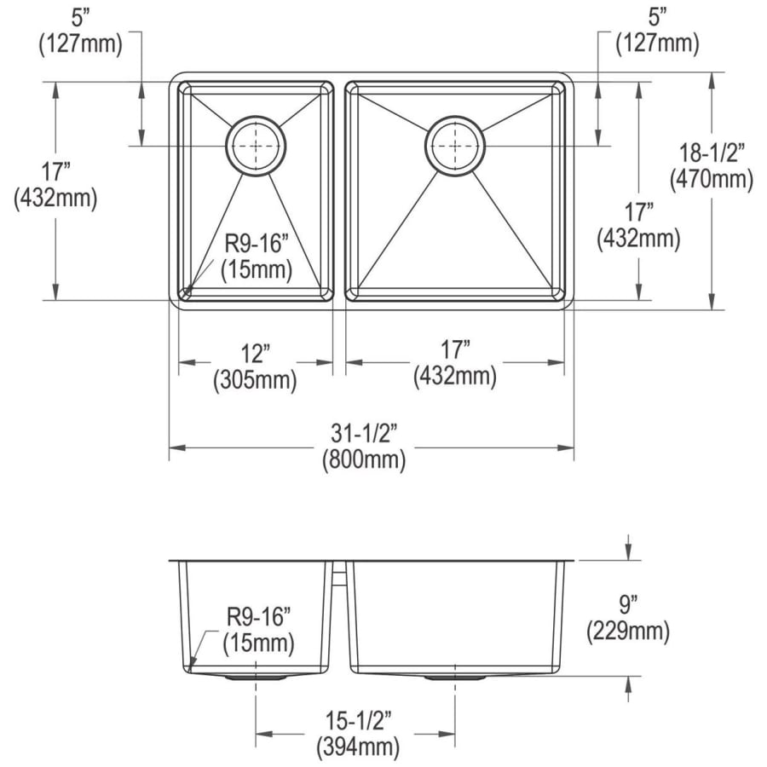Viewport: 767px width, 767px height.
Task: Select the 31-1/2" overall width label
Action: (364, 434)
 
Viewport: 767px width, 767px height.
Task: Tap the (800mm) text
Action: (364, 460)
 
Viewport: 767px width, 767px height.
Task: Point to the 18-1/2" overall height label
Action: (712, 153)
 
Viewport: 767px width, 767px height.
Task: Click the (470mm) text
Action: (712, 179)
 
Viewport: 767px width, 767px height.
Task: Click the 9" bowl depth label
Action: (627, 605)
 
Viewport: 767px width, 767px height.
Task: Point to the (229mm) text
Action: (628, 631)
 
